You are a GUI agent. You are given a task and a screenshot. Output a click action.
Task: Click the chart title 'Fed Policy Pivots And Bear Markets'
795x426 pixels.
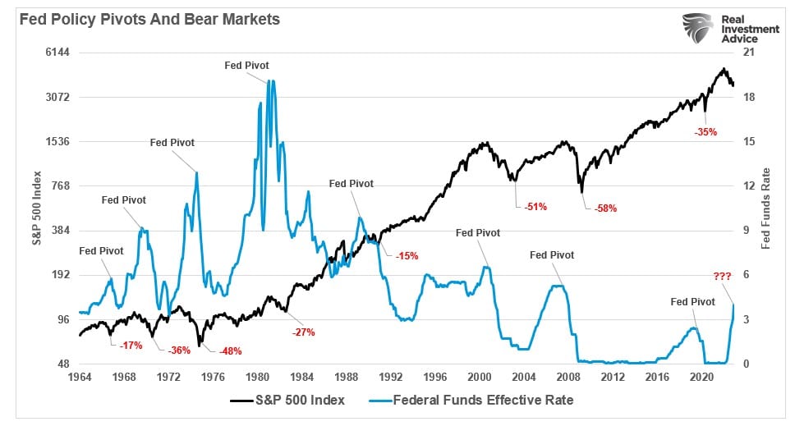[x=145, y=19]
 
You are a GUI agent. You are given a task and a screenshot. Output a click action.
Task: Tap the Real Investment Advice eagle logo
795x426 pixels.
[x=696, y=29]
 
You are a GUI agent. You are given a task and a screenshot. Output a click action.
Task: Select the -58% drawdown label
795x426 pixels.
[x=605, y=208]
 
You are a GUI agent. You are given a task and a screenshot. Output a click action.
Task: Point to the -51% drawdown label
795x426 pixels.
[x=535, y=207]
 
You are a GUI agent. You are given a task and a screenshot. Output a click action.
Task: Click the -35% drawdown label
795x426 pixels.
[x=705, y=131]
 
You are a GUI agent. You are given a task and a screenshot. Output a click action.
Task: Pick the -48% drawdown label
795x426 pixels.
[x=230, y=351]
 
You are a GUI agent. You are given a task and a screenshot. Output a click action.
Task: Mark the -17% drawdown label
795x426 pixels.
[x=131, y=346]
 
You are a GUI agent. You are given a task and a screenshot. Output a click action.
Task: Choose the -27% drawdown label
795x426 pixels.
[x=303, y=332]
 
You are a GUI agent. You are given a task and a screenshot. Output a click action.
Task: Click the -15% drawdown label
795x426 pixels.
[x=407, y=256]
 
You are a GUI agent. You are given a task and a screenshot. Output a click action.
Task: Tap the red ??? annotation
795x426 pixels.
[x=722, y=277]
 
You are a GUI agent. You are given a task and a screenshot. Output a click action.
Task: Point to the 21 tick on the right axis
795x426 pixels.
[x=748, y=53]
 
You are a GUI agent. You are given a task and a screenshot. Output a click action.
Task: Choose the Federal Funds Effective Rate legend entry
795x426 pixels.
[x=483, y=401]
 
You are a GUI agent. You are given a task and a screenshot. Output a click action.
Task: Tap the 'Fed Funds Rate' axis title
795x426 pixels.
[x=765, y=208]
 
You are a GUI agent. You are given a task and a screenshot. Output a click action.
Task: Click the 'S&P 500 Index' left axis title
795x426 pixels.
[x=38, y=208]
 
